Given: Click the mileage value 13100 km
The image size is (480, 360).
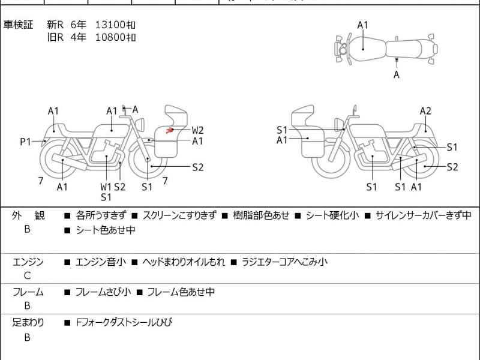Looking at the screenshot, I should coord(115,25).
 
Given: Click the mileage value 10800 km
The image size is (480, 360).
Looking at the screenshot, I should coord(115,37).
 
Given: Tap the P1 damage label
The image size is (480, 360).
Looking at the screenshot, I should coord(25,142).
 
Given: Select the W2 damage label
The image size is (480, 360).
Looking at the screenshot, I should coord(198,130).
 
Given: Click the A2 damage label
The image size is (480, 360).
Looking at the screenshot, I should coord(425,110).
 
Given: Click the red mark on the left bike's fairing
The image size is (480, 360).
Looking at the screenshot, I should coord(170,129).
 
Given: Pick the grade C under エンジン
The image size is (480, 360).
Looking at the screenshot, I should coord(28,276).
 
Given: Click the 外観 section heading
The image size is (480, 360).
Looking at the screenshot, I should coord(28,215).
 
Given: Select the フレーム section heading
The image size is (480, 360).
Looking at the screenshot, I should coord(28,292).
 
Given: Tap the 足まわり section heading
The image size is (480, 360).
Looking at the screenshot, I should coord(28,322).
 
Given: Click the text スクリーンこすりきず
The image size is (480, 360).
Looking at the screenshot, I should coord(179,215).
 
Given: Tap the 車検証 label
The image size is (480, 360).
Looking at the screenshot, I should coord(19,25).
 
